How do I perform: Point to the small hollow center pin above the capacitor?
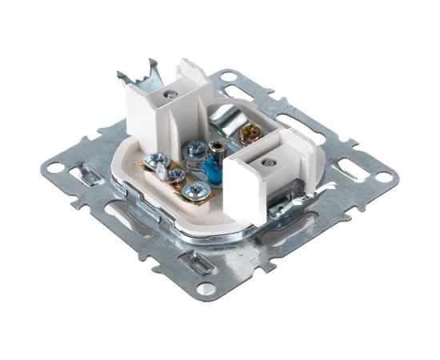(x=216, y=146)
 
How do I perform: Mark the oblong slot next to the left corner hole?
(x=82, y=170)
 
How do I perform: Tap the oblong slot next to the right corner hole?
(x=349, y=169)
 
